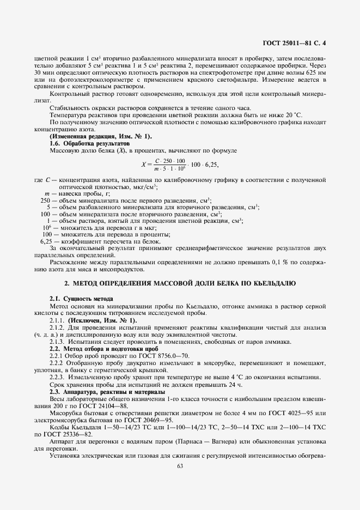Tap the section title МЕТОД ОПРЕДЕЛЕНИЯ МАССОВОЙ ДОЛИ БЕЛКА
point(180,284)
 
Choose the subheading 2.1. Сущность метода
point(81,299)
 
